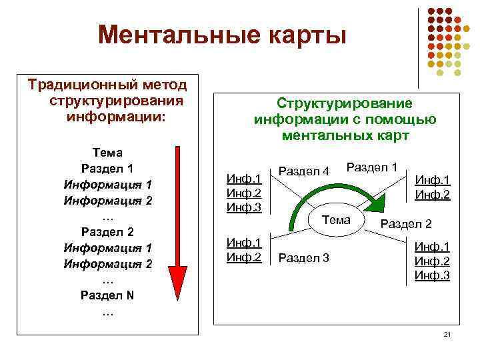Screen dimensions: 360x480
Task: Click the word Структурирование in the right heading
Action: pyautogui.click(x=345, y=104)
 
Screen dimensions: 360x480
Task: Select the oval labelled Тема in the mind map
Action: pyautogui.click(x=336, y=221)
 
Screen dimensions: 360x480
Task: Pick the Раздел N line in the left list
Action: pyautogui.click(x=107, y=295)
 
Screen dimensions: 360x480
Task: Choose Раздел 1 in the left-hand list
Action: pyautogui.click(x=107, y=168)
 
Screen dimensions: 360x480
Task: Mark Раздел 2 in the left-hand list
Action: pyautogui.click(x=107, y=232)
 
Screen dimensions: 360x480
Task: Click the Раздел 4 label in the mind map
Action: pyautogui.click(x=303, y=171)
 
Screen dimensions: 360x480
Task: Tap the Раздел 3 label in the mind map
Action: pyautogui.click(x=303, y=257)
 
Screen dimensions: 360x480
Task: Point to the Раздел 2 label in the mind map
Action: pyautogui.click(x=405, y=224)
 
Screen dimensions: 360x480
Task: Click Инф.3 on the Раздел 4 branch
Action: pyautogui.click(x=244, y=207)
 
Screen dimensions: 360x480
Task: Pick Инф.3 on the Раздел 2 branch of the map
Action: pyautogui.click(x=432, y=275)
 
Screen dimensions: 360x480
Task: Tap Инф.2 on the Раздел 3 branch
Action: pyautogui.click(x=244, y=256)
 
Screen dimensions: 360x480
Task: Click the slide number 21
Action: pyautogui.click(x=447, y=333)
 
